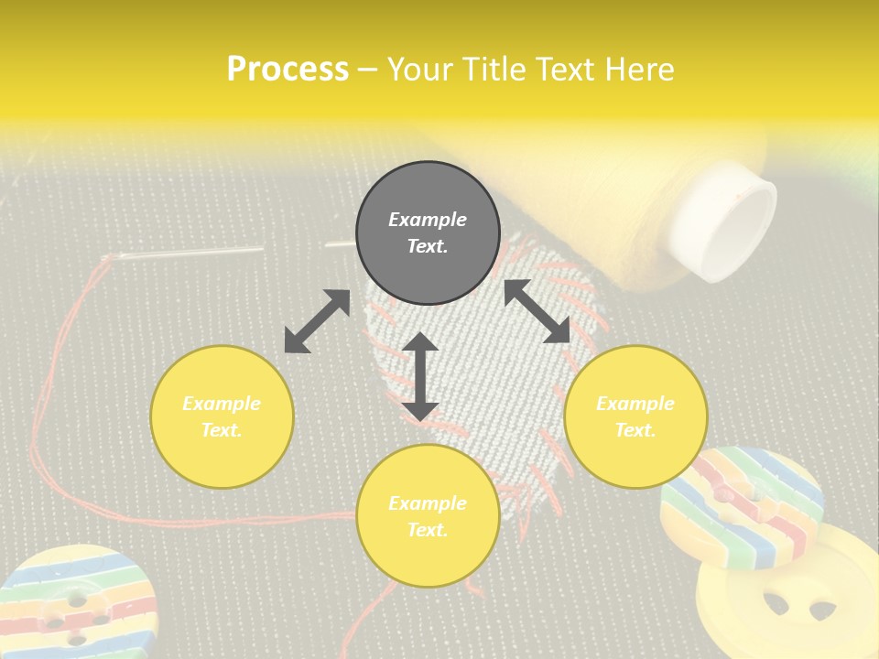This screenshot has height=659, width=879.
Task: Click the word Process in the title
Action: coord(288,70)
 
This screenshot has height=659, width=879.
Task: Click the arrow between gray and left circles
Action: coord(317,321)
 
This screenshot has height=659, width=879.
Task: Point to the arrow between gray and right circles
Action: coord(537,311)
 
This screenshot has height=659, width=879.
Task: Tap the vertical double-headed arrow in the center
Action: coord(420,375)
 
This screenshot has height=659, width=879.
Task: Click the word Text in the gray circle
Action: coord(427,246)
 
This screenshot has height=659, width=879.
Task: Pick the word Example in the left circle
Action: coord(222,404)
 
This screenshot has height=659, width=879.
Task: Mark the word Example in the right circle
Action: coord(635,404)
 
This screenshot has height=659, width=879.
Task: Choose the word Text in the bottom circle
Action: coord(427,530)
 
